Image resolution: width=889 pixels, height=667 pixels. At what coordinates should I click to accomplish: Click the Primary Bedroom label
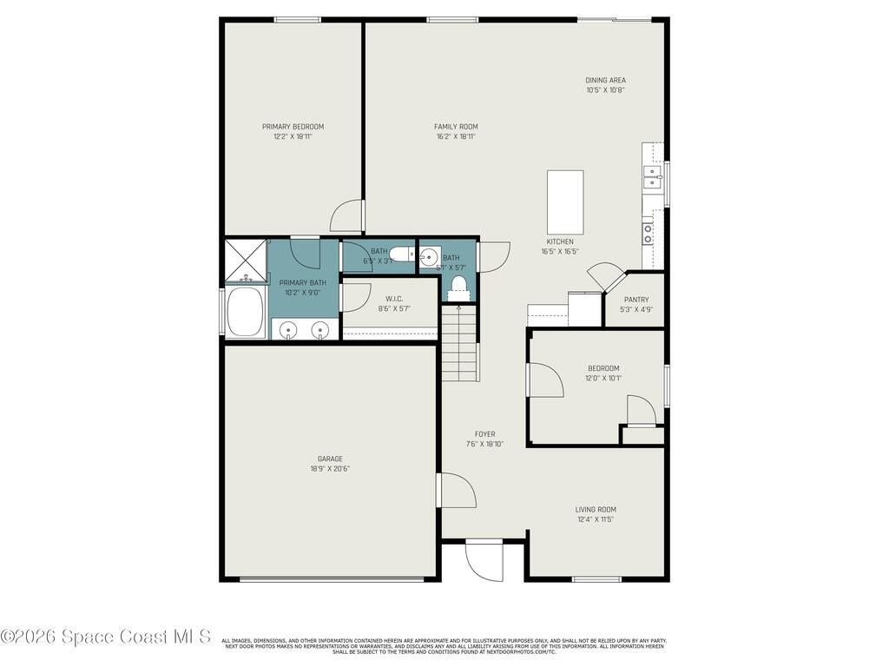tap(293, 127)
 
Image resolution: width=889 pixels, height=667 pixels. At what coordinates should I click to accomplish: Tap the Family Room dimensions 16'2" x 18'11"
tap(456, 136)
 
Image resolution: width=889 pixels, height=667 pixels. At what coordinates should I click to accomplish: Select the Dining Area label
tap(605, 81)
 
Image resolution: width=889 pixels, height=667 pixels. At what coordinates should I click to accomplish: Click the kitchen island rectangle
tap(565, 201)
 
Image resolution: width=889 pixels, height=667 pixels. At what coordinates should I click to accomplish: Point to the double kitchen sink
tap(651, 177)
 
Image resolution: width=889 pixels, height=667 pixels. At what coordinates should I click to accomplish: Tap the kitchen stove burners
tap(648, 232)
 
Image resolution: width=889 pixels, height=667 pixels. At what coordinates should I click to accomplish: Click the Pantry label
tap(635, 300)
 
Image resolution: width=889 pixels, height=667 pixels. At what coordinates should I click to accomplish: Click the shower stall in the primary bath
tap(245, 261)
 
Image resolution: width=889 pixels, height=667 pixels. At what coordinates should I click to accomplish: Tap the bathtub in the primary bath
tap(246, 313)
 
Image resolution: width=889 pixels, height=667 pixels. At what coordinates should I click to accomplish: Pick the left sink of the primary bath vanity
tap(288, 330)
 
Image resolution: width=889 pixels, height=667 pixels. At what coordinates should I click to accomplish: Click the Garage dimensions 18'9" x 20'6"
tap(330, 469)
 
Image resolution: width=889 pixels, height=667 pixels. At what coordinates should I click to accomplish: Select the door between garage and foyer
tap(456, 491)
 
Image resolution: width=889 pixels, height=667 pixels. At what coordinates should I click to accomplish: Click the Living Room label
tap(596, 510)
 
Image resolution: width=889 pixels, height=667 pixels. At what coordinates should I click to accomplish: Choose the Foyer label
tap(484, 434)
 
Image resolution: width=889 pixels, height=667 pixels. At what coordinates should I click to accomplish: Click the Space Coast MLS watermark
tap(105, 637)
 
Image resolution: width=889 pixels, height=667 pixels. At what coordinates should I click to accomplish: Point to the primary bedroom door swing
tap(347, 217)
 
